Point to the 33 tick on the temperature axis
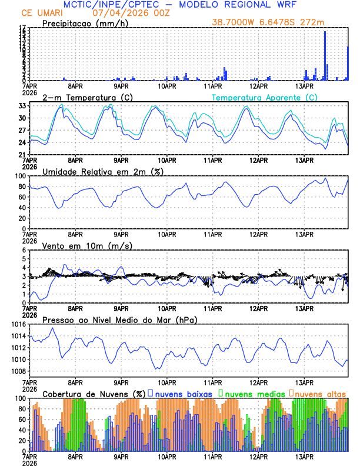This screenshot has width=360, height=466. click(22, 106)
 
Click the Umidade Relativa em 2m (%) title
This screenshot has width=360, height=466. click(102, 171)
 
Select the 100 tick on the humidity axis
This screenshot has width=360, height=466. click(19, 176)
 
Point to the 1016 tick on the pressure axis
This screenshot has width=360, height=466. click(17, 324)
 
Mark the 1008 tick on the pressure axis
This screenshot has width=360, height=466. click(17, 371)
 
